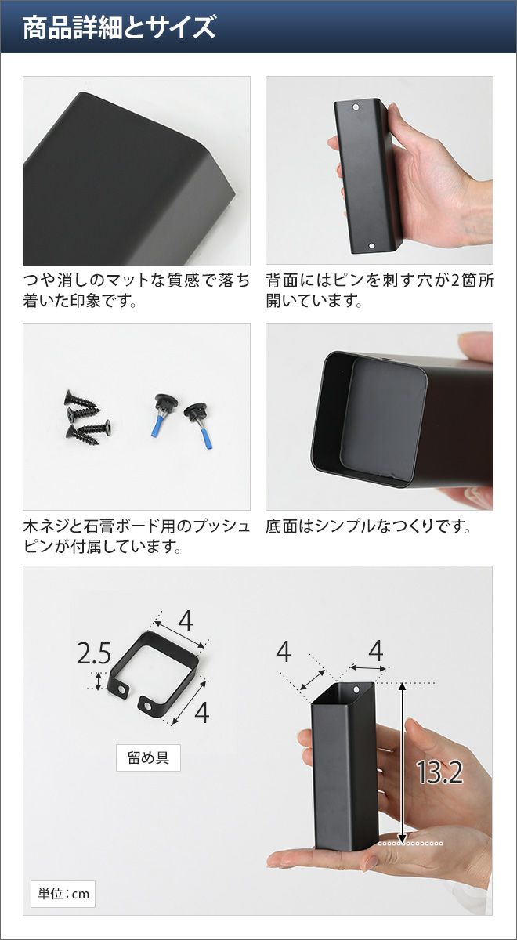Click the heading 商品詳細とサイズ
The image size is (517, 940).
119,27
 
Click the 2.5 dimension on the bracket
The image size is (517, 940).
94,654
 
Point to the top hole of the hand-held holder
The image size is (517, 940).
356,107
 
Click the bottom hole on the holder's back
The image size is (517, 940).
371,246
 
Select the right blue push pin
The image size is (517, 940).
199,425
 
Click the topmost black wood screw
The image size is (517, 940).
81,400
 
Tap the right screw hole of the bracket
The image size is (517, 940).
148,707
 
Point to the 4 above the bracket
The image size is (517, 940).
185,621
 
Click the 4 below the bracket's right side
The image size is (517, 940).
202,712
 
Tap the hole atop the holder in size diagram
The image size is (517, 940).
356,689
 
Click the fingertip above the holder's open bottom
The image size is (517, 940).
474,342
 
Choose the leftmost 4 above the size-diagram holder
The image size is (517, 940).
284,652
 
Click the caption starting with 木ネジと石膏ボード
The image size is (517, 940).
136,537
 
